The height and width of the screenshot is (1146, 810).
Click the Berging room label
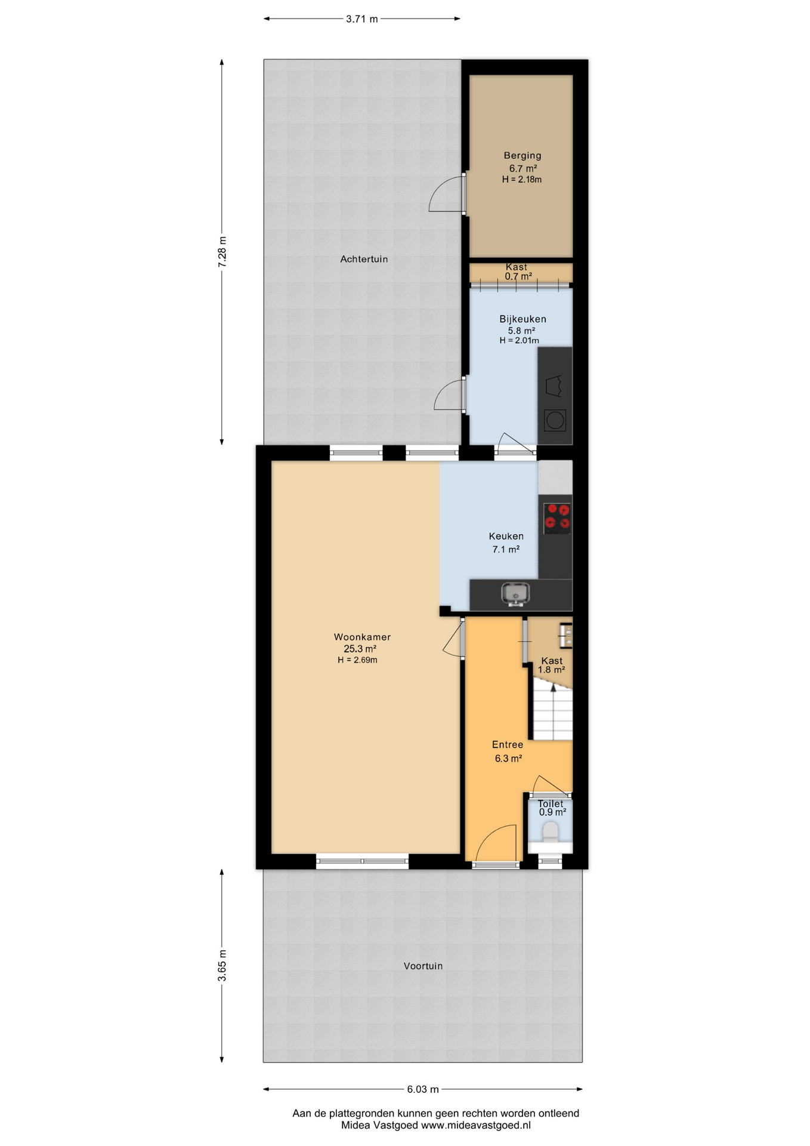click(x=522, y=156)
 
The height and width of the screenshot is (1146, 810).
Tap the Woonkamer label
click(x=362, y=637)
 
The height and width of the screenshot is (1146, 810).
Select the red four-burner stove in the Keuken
click(x=557, y=517)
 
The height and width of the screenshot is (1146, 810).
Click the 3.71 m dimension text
click(x=362, y=19)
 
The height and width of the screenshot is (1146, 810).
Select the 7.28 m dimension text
click(x=222, y=252)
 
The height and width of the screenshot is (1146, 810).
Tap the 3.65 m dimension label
click(x=222, y=965)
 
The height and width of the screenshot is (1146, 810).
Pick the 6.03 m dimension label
click(x=423, y=1089)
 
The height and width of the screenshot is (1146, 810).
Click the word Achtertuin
click(x=364, y=259)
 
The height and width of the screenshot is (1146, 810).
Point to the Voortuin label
click(x=423, y=966)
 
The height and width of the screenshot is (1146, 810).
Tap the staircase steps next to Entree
click(x=552, y=713)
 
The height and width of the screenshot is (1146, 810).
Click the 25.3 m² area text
click(x=360, y=649)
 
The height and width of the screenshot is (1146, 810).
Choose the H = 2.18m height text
click(x=522, y=179)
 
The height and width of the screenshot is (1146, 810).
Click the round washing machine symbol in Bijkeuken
click(x=555, y=421)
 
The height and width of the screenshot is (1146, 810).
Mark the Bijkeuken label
click(x=523, y=319)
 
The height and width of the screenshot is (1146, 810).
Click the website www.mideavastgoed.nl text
click(x=476, y=1125)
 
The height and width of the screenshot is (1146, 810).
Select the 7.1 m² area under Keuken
click(x=506, y=549)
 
